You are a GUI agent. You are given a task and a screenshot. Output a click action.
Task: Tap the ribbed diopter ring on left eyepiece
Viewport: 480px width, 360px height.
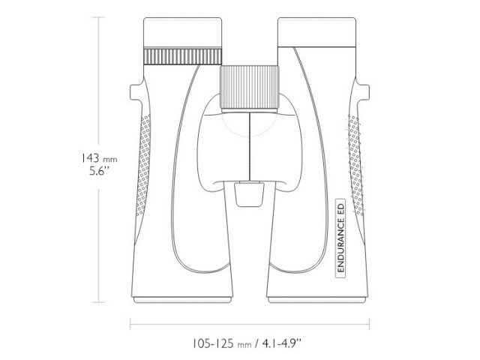coord(182,57)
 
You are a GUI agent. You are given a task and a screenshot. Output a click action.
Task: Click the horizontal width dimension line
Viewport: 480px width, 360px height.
coord(250,325)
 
